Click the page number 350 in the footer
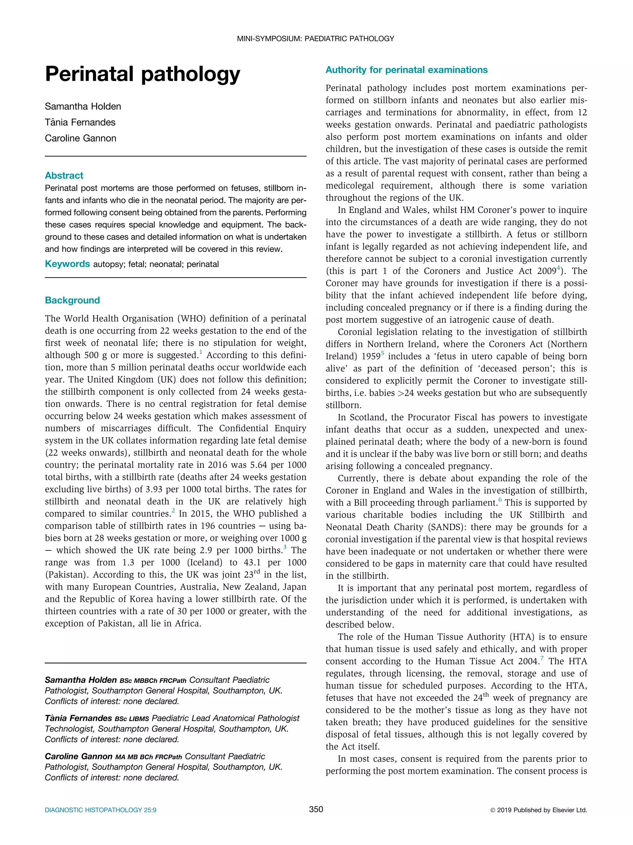click(x=316, y=809)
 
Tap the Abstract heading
click(x=64, y=175)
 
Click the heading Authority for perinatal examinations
click(x=406, y=70)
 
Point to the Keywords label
click(x=67, y=264)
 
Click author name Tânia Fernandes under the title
click(x=80, y=122)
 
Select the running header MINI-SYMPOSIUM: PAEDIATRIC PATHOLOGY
click(x=316, y=39)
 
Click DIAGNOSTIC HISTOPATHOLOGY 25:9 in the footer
click(x=100, y=810)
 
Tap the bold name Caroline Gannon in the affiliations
click(x=78, y=757)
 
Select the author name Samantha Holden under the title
click(x=83, y=106)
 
